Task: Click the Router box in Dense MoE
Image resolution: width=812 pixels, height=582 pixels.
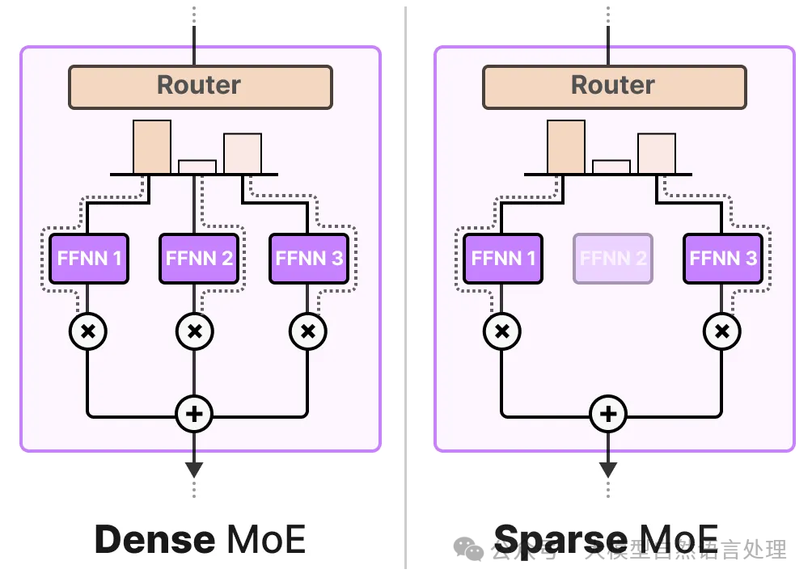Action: [x=200, y=86]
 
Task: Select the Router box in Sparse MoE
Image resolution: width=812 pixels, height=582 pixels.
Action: [x=614, y=86]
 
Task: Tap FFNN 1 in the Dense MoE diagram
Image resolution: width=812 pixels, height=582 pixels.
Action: [x=89, y=259]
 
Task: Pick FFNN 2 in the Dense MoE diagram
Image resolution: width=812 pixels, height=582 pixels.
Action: [x=199, y=259]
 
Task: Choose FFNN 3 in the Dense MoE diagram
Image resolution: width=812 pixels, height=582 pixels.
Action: [x=309, y=259]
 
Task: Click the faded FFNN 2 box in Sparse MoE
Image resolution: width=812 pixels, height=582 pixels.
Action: [x=613, y=259]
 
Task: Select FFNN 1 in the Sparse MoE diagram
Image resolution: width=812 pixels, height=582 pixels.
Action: [x=503, y=259]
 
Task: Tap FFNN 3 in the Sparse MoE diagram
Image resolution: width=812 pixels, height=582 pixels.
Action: [x=723, y=259]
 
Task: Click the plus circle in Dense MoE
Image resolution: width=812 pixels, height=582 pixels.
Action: [x=194, y=415]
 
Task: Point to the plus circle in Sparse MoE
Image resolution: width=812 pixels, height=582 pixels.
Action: [x=608, y=415]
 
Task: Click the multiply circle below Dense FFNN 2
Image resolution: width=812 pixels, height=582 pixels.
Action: [x=194, y=331]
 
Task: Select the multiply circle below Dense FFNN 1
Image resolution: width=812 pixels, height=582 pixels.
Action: [x=87, y=331]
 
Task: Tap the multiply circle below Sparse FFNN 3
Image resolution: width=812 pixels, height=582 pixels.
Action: [x=721, y=331]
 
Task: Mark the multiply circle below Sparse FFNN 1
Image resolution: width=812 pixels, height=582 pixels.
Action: [x=501, y=331]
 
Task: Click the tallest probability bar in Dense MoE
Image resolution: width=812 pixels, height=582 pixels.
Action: [x=152, y=147]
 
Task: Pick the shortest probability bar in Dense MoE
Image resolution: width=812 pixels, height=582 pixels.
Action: [x=197, y=167]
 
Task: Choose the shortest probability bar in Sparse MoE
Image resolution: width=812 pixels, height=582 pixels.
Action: [x=611, y=167]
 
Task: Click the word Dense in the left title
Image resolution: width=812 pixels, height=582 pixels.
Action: [x=154, y=539]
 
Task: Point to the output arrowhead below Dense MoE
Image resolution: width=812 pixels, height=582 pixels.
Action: [x=194, y=469]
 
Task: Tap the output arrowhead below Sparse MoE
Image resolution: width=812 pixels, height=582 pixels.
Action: [x=608, y=469]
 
